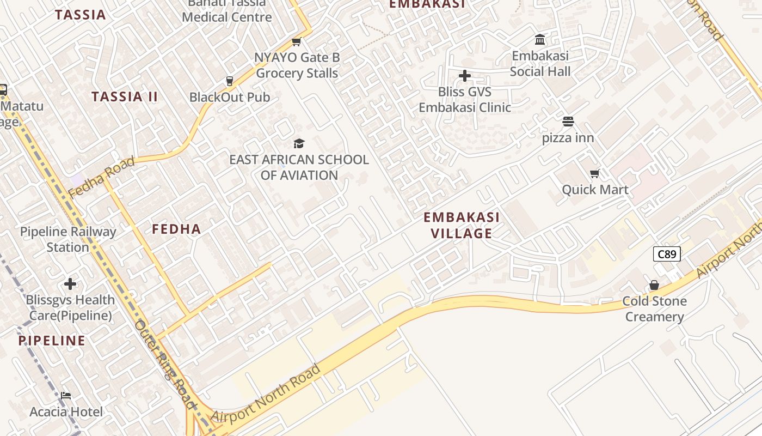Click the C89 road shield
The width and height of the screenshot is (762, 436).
tap(667, 254)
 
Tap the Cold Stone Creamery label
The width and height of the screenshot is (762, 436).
tap(654, 309)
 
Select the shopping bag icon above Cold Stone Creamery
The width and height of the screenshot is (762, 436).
tap(654, 286)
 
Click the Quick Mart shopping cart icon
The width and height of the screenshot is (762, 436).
tap(595, 174)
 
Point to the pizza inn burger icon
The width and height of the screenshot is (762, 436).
tap(568, 122)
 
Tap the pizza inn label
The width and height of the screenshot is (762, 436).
tap(568, 138)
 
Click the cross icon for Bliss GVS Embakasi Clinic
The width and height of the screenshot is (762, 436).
tap(464, 76)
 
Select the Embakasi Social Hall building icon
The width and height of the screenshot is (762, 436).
tap(540, 40)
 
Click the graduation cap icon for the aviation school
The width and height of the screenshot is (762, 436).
tap(299, 144)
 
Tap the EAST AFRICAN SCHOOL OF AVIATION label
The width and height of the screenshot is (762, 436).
tap(299, 167)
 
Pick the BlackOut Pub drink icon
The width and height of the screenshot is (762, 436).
tap(230, 81)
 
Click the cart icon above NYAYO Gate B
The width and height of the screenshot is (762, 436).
tap(297, 42)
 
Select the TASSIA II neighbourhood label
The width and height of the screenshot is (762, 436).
tap(125, 97)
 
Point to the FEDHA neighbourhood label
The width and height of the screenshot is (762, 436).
tap(176, 229)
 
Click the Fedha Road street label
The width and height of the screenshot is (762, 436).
tap(101, 177)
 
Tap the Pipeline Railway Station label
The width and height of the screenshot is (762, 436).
tap(68, 239)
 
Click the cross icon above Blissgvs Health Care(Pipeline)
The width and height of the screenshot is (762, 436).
tap(70, 284)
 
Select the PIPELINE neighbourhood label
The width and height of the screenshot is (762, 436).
tap(52, 341)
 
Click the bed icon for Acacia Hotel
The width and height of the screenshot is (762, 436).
tap(66, 395)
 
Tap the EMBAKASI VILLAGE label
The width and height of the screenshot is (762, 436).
tap(462, 225)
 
